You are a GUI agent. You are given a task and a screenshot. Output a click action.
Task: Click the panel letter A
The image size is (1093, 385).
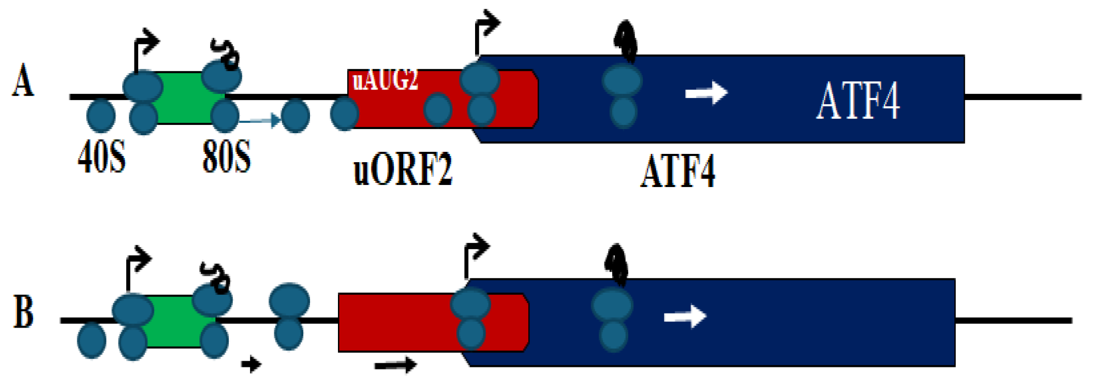tap(23, 81)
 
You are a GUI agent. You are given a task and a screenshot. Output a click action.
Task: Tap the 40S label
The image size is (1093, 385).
tap(101, 156)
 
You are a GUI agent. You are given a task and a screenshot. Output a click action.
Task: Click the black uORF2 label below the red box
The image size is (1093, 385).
tap(403, 169)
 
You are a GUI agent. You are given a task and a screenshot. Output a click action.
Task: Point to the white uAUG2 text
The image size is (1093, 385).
tap(385, 80)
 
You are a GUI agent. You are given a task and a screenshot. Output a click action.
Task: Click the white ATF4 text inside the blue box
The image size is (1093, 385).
tap(858, 101)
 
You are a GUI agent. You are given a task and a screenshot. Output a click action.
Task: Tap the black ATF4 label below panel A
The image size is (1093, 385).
tap(678, 171)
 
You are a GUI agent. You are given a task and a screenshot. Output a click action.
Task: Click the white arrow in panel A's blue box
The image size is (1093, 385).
tap(706, 93)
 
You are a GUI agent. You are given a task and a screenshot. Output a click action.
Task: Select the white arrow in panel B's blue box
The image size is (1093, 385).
tap(685, 316)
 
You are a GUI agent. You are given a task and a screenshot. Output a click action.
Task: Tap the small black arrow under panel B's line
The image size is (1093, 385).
tap(252, 364)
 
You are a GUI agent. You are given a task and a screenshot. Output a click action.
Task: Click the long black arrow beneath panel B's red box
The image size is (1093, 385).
tap(395, 365)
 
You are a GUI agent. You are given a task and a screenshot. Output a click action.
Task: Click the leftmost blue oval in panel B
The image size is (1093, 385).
tap(92, 340)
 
